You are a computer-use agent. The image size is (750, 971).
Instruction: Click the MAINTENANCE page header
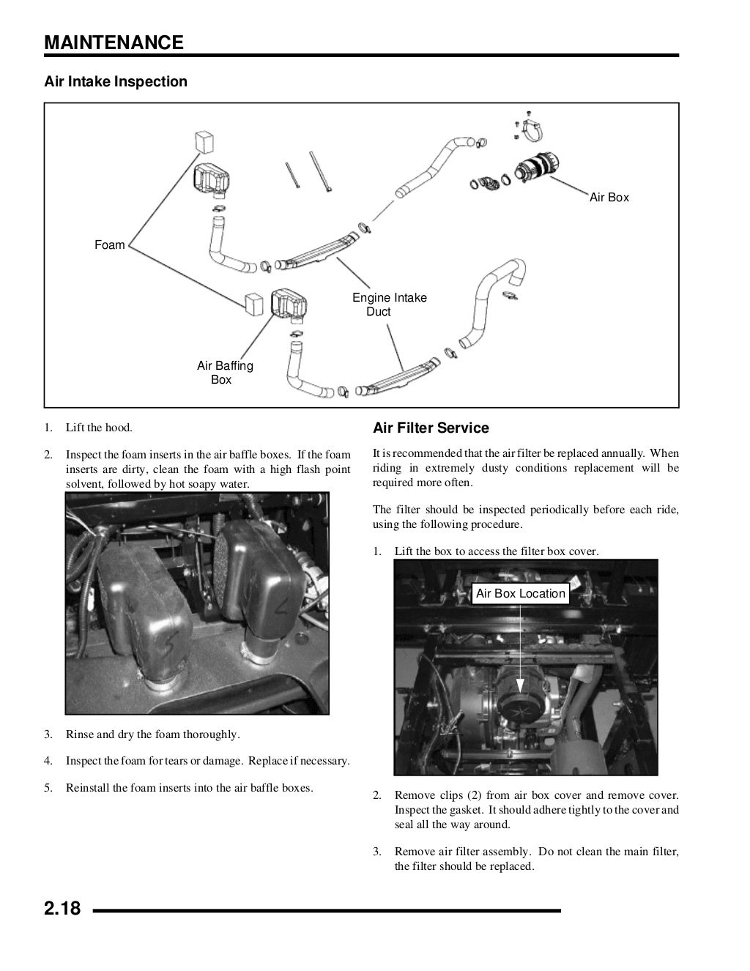[x=114, y=42]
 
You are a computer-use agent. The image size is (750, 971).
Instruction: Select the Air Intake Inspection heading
[x=116, y=81]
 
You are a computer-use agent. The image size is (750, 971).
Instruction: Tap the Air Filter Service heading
[x=431, y=428]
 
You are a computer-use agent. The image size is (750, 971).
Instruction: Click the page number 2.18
[x=62, y=910]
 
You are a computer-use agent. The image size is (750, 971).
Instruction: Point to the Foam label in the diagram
[x=109, y=245]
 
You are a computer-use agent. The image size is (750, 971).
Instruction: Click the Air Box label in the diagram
[x=609, y=198]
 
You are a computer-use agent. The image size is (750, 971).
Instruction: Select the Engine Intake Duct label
[x=389, y=305]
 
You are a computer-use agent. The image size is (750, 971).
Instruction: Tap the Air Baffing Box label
[x=224, y=373]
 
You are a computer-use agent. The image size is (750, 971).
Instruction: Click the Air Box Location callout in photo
[x=520, y=594]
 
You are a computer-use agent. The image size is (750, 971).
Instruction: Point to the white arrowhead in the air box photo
[x=520, y=685]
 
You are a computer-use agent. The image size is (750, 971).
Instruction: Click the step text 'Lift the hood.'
[x=99, y=428]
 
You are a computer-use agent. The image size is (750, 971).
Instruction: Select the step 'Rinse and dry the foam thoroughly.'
[x=152, y=734]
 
